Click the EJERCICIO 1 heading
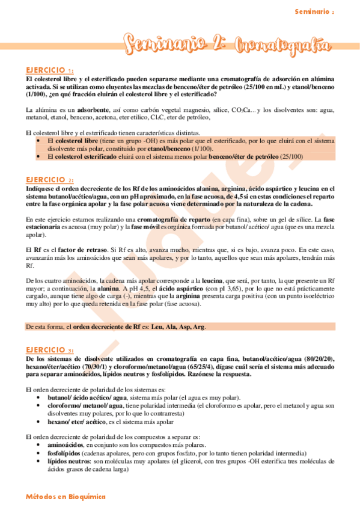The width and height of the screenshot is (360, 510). point(50,70)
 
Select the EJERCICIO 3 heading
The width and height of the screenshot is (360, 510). point(50,349)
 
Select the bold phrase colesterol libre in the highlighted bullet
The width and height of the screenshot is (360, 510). point(75,140)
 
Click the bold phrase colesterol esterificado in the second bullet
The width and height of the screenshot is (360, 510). point(83,156)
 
